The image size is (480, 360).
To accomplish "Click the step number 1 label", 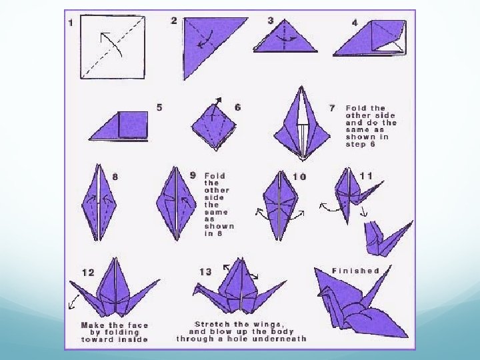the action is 71,23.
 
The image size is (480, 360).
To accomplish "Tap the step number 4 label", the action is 355,23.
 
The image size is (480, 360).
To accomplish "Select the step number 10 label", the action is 299,177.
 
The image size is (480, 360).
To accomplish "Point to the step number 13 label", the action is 205,272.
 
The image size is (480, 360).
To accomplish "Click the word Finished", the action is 356,271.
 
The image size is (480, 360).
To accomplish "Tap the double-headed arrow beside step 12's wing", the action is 73,302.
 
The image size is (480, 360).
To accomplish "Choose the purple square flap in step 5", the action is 133,124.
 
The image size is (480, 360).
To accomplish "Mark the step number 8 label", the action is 115,177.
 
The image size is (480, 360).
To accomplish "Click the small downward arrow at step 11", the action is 364,212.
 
